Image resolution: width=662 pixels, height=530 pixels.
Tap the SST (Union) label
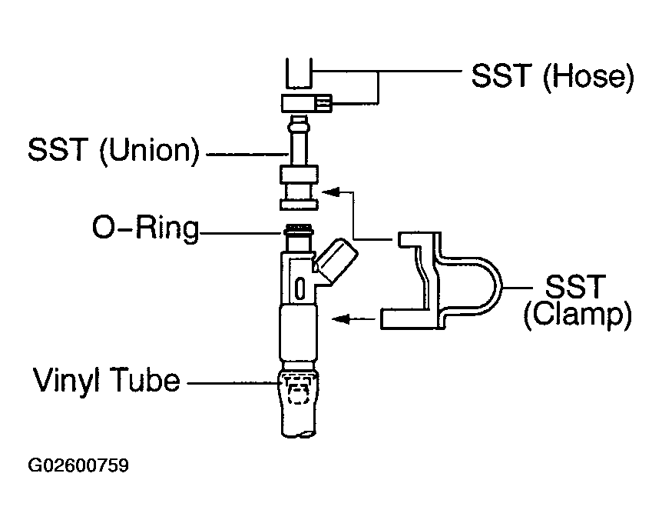(x=113, y=150)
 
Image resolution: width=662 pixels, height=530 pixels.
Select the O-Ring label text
(x=144, y=229)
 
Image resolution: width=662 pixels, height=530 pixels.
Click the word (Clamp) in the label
(x=578, y=316)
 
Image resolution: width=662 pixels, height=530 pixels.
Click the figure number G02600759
(x=78, y=466)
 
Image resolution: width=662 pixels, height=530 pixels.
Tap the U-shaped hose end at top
(x=300, y=75)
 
